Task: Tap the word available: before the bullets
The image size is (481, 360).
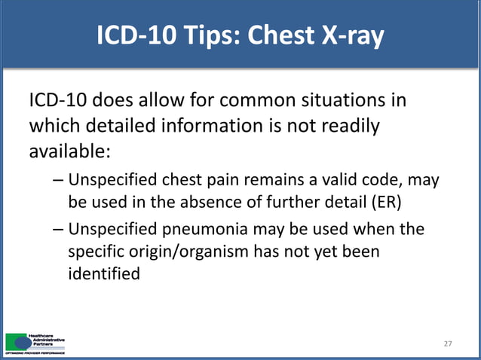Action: (x=69, y=151)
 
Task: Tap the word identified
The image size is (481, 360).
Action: (x=104, y=274)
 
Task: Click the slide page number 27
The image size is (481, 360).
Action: (x=448, y=343)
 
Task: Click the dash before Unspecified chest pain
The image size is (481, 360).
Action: (x=59, y=182)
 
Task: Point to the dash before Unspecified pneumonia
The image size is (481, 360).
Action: (x=59, y=229)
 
